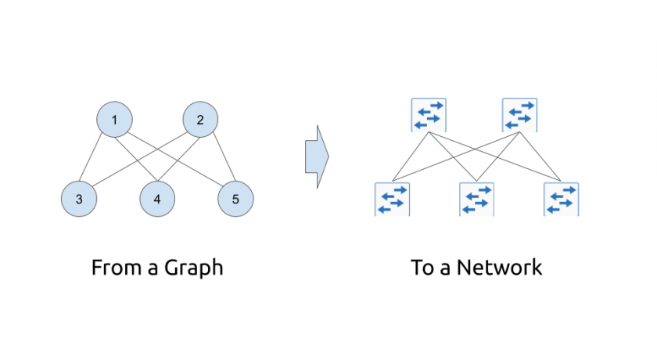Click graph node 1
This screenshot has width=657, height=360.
[114, 120]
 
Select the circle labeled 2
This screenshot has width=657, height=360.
[200, 120]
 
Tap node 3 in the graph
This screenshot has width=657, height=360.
[79, 199]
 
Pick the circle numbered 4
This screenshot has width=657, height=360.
[157, 199]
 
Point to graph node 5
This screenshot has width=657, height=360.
[235, 199]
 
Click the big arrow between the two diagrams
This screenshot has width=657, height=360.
[316, 156]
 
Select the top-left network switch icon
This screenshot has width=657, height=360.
[428, 115]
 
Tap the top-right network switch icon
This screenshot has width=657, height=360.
[519, 115]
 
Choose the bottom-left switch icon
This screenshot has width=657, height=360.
[392, 199]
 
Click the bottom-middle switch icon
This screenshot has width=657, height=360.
[476, 199]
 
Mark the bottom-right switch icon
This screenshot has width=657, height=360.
[561, 199]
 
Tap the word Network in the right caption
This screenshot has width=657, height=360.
[499, 268]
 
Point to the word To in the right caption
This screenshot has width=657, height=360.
[422, 268]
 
